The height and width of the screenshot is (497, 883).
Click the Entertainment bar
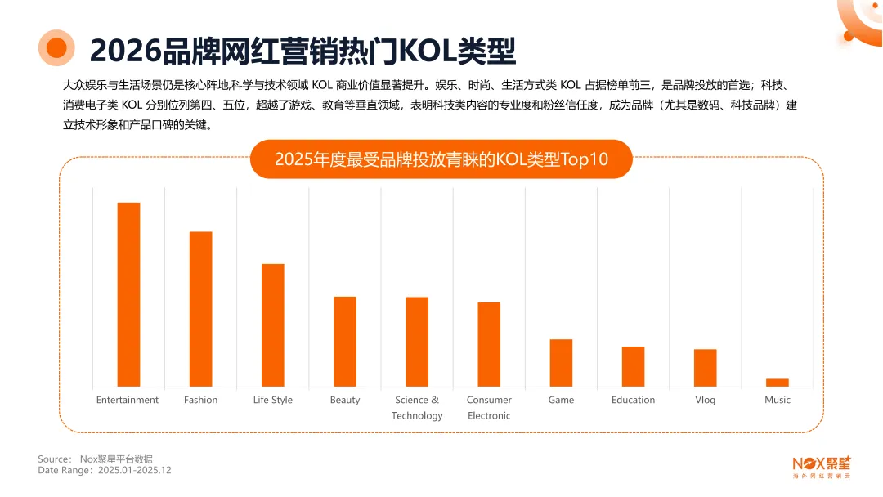[128, 294]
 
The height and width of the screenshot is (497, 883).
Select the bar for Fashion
[200, 309]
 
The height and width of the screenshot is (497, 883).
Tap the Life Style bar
[272, 325]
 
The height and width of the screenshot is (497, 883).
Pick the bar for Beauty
[344, 342]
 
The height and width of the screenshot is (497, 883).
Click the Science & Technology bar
[417, 342]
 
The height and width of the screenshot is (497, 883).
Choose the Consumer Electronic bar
[489, 344]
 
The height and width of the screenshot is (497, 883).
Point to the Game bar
[561, 363]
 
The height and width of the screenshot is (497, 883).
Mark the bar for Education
[633, 366]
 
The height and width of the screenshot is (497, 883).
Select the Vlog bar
[705, 368]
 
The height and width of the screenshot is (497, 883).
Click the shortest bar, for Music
[777, 383]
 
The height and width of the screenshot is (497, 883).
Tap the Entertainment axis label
[128, 400]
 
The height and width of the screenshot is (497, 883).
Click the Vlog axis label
[705, 400]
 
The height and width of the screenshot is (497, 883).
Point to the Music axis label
[777, 400]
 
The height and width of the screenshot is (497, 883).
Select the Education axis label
[633, 400]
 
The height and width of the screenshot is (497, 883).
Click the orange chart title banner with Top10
[441, 159]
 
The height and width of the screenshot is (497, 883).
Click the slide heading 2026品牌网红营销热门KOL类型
[303, 50]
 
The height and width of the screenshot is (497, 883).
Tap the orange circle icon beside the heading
[56, 48]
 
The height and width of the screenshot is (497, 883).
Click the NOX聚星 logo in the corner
[822, 466]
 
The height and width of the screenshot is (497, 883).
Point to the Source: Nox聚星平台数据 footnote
[95, 459]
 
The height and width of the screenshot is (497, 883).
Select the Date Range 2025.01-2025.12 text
[104, 471]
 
